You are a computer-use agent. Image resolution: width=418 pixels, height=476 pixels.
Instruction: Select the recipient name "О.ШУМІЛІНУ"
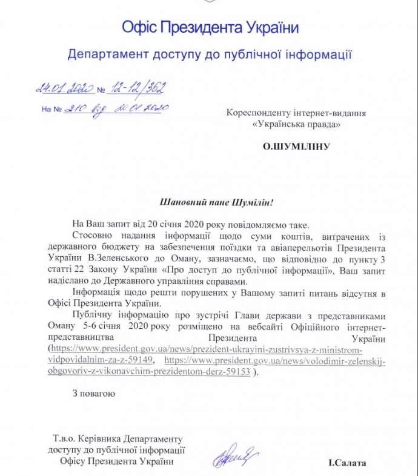[x=295, y=146]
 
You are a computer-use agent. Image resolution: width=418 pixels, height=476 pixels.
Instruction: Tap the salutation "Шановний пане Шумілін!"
[x=208, y=201]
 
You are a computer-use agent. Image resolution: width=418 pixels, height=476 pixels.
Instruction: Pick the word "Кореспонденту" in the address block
[x=256, y=113]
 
